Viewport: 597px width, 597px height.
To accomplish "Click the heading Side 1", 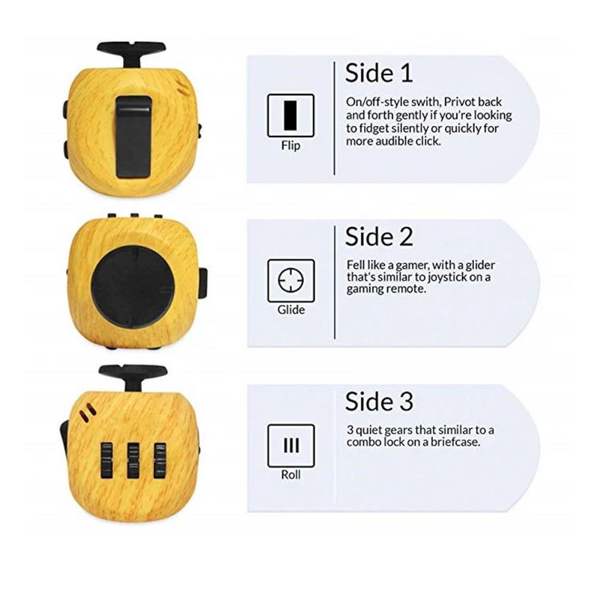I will (x=378, y=73).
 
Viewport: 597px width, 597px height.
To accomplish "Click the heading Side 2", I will (x=378, y=237).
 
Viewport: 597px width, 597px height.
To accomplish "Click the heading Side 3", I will (x=378, y=402).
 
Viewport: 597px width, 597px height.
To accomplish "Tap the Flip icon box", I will (x=291, y=116).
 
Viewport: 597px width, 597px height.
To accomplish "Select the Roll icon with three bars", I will (x=291, y=445).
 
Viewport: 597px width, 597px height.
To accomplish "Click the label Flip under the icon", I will (x=291, y=146).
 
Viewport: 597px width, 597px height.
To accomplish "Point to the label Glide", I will (x=291, y=310).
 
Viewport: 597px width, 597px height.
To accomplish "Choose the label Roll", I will (x=291, y=475).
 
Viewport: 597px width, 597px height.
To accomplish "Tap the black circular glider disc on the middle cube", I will (x=133, y=287).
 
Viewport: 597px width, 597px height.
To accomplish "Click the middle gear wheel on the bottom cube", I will (x=133, y=460).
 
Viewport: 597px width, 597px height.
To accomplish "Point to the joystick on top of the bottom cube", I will (x=133, y=374).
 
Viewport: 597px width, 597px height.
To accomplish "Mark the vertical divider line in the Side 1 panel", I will (x=334, y=118).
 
